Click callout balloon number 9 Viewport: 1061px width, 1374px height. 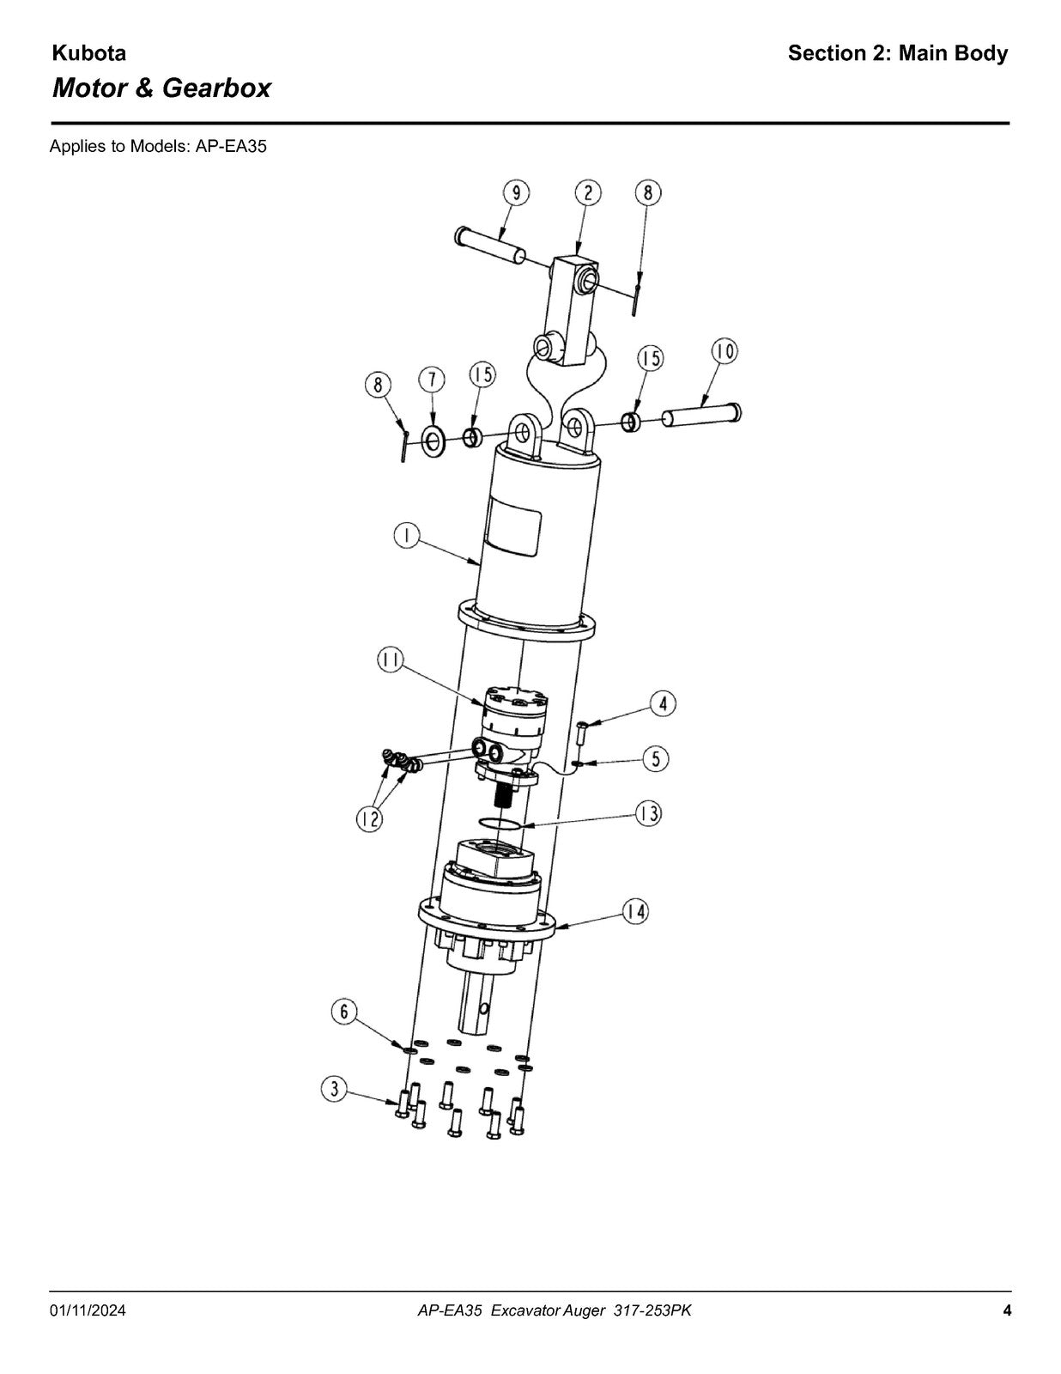point(516,193)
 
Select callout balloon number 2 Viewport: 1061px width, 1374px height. point(588,193)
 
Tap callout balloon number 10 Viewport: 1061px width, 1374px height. point(725,351)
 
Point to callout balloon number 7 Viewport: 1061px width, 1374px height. point(433,380)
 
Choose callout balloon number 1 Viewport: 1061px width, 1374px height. point(407,536)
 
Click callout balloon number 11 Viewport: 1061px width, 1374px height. point(391,660)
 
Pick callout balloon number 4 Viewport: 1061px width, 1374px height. point(663,704)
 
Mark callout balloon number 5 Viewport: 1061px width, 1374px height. point(657,758)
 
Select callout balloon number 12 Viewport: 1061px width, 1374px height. point(370,819)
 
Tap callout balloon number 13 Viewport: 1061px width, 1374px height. point(648,814)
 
